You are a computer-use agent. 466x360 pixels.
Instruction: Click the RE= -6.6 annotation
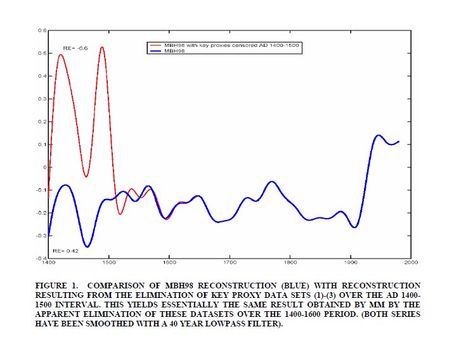coord(75,48)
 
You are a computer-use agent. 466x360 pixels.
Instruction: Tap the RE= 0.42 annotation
coord(65,251)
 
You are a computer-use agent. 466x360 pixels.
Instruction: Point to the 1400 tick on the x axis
coord(48,262)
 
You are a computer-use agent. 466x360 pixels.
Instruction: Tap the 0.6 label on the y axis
coord(42,30)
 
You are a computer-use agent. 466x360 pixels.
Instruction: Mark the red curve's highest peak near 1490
coord(101,47)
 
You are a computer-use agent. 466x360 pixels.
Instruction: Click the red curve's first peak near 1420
coord(61,55)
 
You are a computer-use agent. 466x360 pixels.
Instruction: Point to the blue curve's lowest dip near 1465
coord(87,247)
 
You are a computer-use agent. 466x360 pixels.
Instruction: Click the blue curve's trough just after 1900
coord(355,227)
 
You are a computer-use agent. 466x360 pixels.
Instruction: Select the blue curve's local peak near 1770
coord(272,181)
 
